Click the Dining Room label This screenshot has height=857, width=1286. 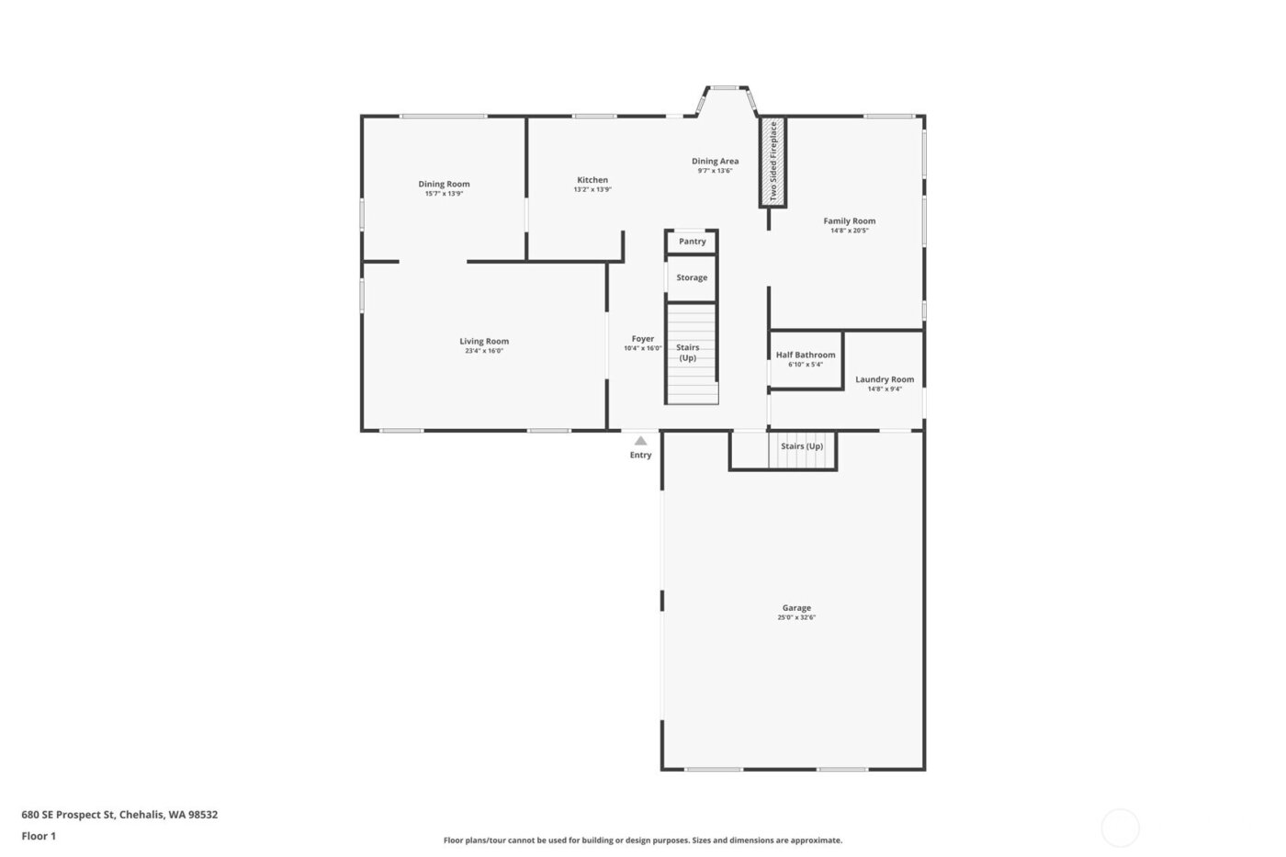pyautogui.click(x=444, y=184)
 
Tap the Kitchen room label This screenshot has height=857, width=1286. pyautogui.click(x=592, y=180)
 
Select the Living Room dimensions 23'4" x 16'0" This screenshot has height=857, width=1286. pyautogui.click(x=484, y=351)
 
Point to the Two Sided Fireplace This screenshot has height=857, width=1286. pyautogui.click(x=773, y=162)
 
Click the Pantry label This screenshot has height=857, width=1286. pyautogui.click(x=693, y=242)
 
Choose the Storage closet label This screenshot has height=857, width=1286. pyautogui.click(x=692, y=277)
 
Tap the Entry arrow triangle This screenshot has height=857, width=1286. pyautogui.click(x=640, y=441)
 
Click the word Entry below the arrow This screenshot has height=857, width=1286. pyautogui.click(x=640, y=456)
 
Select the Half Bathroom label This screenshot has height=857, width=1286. pyautogui.click(x=806, y=355)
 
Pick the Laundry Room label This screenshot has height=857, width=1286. pyautogui.click(x=885, y=379)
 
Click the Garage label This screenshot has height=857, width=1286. pyautogui.click(x=796, y=608)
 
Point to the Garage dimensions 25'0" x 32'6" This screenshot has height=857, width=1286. pyautogui.click(x=796, y=618)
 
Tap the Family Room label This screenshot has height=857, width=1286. pyautogui.click(x=849, y=220)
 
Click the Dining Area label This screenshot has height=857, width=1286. pyautogui.click(x=715, y=161)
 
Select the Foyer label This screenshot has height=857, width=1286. pyautogui.click(x=643, y=339)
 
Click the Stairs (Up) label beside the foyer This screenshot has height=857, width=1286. pyautogui.click(x=688, y=353)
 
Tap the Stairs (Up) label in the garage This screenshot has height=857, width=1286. pyautogui.click(x=802, y=446)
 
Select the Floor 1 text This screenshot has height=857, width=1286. pyautogui.click(x=39, y=837)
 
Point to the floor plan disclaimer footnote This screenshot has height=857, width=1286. pyautogui.click(x=642, y=840)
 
